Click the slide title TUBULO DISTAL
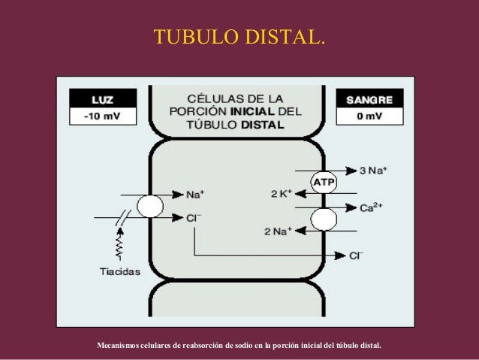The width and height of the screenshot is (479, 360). pos(239,37)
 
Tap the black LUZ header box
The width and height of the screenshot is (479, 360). pos(103,98)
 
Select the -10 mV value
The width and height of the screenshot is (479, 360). pos(103,117)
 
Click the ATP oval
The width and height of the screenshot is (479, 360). pos(324,182)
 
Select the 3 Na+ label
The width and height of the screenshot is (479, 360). pos(372,170)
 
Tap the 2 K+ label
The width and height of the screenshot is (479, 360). pos(282,194)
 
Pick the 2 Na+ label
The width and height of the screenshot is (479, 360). pos(277,231)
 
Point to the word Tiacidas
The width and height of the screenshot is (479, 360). pos(119,272)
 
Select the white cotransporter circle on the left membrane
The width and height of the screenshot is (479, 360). pos(149,207)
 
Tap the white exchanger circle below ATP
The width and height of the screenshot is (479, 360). pos(324,219)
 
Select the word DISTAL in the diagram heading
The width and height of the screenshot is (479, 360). pos(262,126)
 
